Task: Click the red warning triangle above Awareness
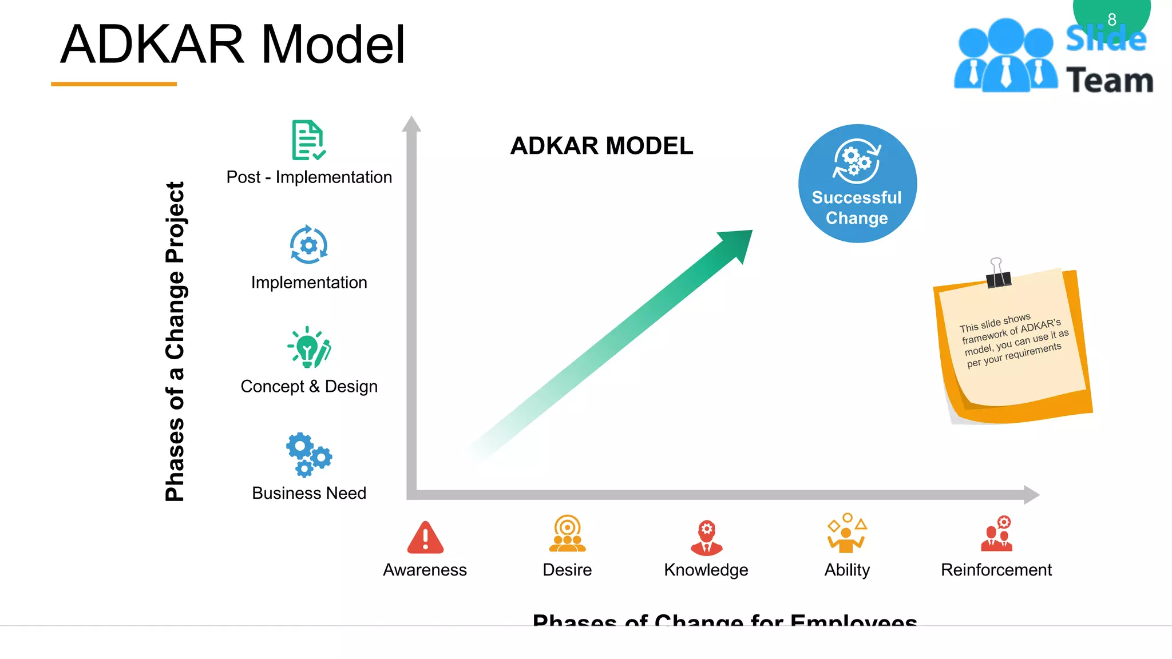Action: pos(425,538)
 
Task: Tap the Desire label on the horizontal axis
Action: pos(567,570)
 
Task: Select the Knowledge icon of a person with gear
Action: pos(707,538)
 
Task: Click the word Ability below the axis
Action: pos(847,570)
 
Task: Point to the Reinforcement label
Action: pos(996,570)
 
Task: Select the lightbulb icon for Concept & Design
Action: pos(309,348)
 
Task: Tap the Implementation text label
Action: pos(309,283)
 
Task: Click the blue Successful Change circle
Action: pos(857,184)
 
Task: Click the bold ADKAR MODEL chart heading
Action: pos(601,146)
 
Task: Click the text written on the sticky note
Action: pos(1013,341)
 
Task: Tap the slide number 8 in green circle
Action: pos(1112,19)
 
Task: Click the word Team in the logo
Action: pos(1110,80)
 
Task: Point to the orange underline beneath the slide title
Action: pos(114,84)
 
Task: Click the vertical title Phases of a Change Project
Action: pos(175,342)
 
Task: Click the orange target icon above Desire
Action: pos(567,533)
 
